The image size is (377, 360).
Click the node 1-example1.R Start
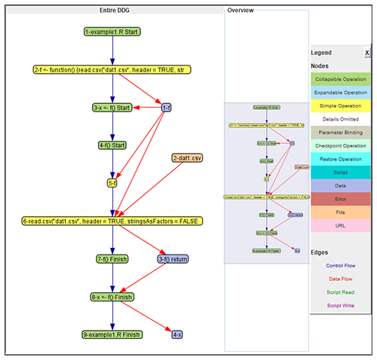point(112,32)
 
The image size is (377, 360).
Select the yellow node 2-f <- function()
point(112,69)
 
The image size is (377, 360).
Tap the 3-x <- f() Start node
point(112,108)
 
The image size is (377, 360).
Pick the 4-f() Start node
point(112,145)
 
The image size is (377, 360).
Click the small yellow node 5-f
point(112,182)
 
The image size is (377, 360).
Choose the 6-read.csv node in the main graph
point(113,221)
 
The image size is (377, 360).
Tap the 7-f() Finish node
point(112,259)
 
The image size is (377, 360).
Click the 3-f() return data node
point(172,259)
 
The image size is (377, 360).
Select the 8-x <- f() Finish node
point(112,297)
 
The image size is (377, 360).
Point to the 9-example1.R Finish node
point(112,334)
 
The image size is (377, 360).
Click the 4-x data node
point(176,334)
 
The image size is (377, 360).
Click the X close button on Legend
point(366,53)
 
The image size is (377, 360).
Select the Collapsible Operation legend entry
point(340,78)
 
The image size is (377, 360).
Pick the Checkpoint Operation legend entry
point(340,146)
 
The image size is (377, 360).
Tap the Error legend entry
point(340,200)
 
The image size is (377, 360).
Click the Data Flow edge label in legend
point(340,279)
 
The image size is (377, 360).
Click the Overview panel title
point(241,11)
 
